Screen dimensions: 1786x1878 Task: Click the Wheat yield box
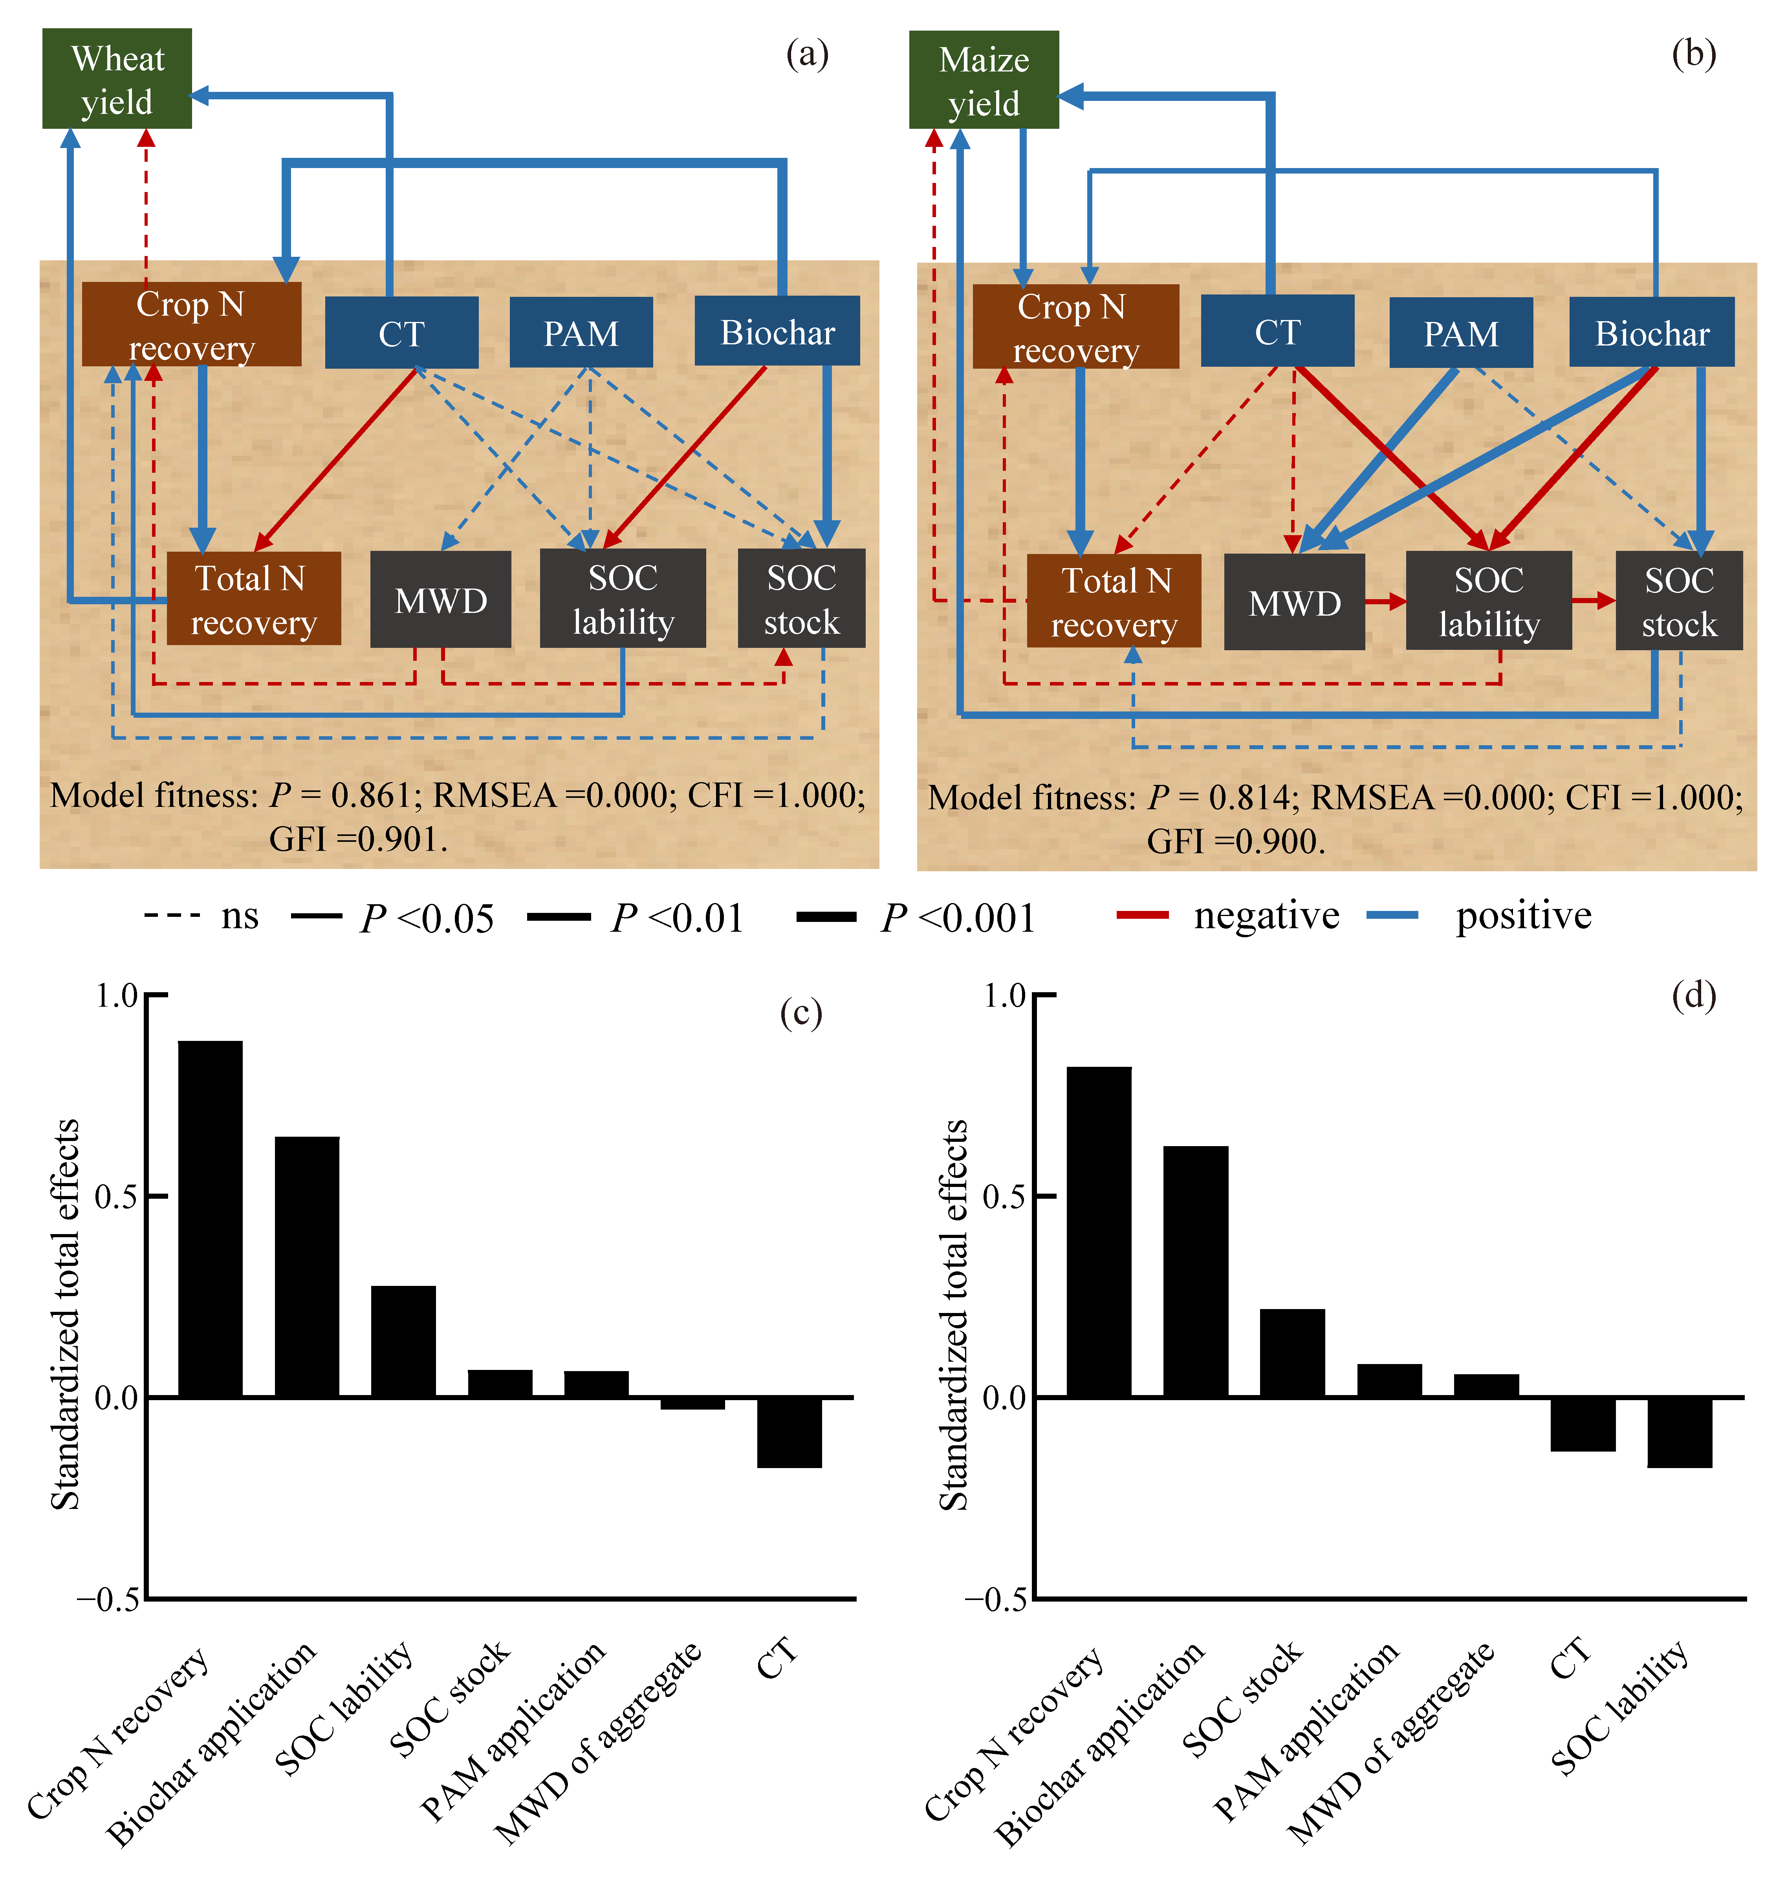117,78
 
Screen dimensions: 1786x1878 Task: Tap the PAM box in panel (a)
581,332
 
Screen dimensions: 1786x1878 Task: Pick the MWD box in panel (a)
441,600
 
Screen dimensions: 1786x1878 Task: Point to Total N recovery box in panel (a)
253,599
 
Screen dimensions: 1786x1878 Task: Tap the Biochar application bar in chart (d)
1196,1272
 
